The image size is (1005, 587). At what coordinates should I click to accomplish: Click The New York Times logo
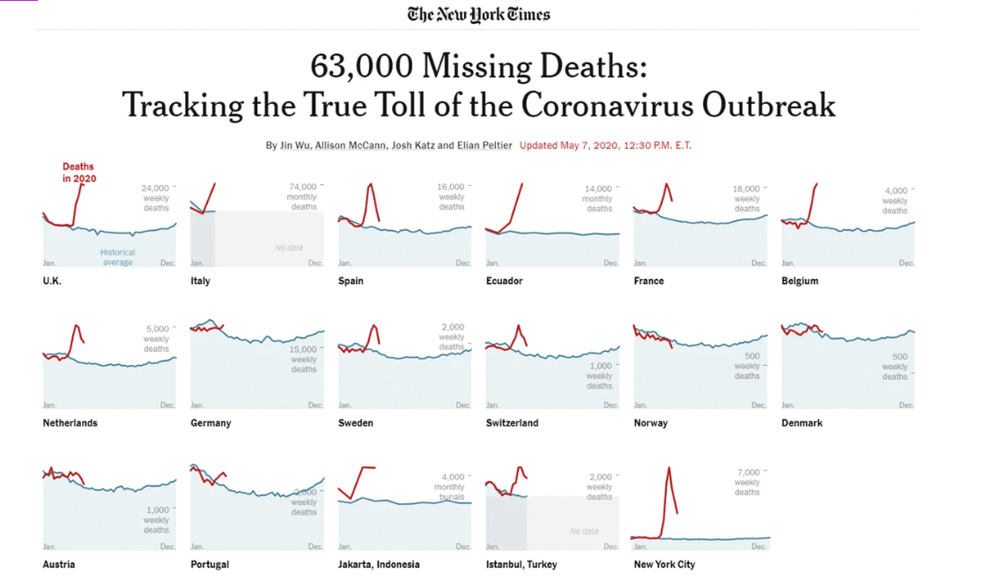point(478,14)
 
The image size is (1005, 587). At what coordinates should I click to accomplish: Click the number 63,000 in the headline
point(362,66)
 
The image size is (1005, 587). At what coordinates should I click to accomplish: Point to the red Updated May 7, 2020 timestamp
point(605,145)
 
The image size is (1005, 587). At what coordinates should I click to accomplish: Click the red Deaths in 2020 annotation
point(78,172)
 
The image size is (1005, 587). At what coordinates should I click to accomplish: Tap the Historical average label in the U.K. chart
point(117,257)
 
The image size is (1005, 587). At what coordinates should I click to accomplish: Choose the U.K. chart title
point(52,281)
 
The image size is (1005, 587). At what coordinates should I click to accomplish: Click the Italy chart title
point(200,281)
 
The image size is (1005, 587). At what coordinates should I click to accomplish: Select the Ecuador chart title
point(504,281)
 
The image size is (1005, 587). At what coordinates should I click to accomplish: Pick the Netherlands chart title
point(70,423)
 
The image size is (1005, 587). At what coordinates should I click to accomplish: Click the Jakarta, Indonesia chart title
point(379,564)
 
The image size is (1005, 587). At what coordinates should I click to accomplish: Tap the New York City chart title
point(664,564)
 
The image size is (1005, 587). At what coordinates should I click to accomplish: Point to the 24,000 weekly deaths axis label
point(155,197)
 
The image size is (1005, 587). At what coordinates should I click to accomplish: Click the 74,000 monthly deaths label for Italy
point(303,197)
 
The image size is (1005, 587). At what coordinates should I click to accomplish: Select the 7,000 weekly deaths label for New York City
point(747,482)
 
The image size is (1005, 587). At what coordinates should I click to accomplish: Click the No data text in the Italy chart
point(289,248)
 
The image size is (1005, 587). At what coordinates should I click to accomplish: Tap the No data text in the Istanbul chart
point(584,531)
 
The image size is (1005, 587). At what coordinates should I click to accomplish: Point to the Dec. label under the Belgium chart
point(906,264)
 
